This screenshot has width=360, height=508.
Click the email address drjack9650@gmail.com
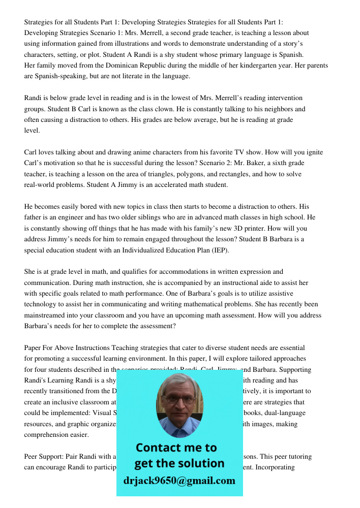coord(179,481)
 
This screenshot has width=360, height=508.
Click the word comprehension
coord(49,435)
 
